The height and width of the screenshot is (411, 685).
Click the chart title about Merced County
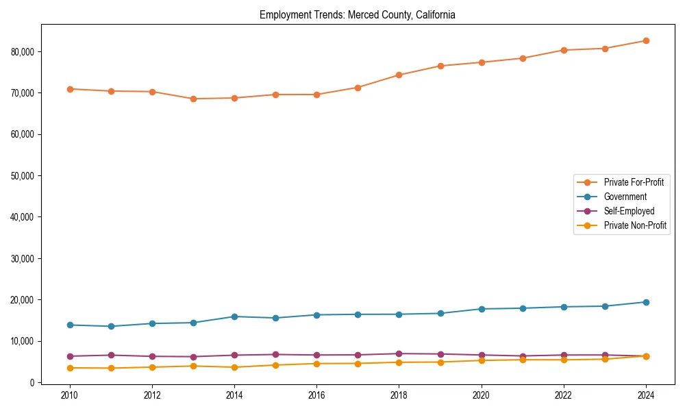[358, 14]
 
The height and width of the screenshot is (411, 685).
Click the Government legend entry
[625, 197]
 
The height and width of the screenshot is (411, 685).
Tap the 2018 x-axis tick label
[399, 395]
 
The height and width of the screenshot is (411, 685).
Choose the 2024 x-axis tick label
[646, 395]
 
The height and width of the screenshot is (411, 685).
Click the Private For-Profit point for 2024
[646, 41]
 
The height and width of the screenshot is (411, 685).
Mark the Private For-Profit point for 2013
[193, 99]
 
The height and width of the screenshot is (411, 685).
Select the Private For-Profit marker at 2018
[399, 75]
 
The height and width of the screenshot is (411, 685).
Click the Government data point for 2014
[234, 316]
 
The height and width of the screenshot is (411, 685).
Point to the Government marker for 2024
[646, 302]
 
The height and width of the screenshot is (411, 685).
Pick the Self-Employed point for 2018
[399, 353]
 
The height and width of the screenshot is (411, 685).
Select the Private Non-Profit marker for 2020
[482, 360]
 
